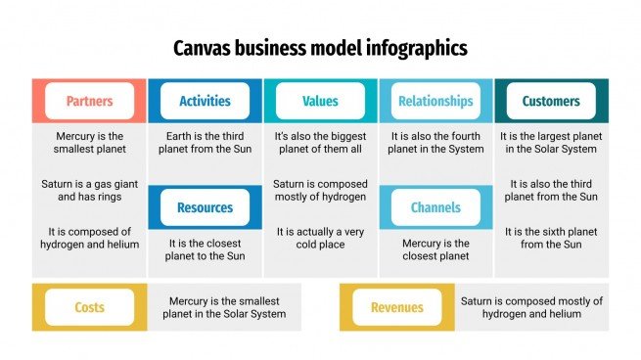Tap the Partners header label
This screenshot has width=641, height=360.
(x=89, y=101)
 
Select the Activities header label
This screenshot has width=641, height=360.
(x=205, y=101)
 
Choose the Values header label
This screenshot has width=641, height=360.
(x=320, y=101)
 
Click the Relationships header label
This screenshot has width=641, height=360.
(x=435, y=101)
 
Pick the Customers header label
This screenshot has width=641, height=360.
(x=551, y=101)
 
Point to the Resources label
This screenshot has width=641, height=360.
(x=205, y=207)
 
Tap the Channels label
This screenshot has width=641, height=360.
(x=435, y=207)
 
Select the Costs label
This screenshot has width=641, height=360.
(x=89, y=307)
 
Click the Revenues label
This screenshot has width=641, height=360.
(x=396, y=307)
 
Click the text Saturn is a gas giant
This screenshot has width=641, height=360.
(x=89, y=190)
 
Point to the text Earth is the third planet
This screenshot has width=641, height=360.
(x=205, y=143)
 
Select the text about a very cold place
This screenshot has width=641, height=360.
(x=320, y=238)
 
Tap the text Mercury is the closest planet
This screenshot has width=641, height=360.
(x=435, y=249)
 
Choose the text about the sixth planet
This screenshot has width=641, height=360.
(x=551, y=238)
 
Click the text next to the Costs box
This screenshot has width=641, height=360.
(x=227, y=307)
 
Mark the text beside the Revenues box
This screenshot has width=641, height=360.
(x=531, y=307)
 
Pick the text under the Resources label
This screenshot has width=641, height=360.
(x=205, y=249)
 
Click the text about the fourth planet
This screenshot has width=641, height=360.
(x=435, y=143)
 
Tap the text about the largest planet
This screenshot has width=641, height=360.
(x=551, y=143)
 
